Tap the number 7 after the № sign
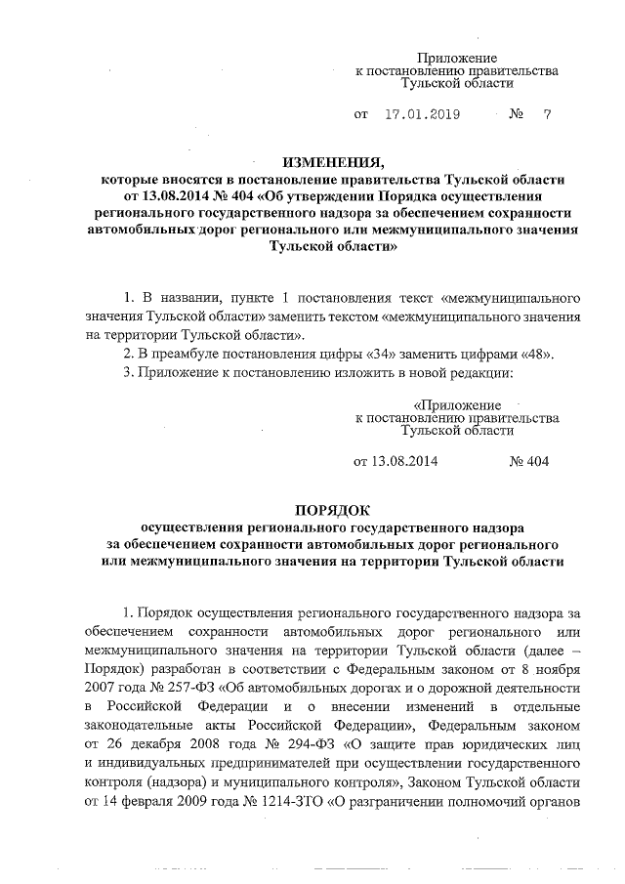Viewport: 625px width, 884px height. pos(547,114)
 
